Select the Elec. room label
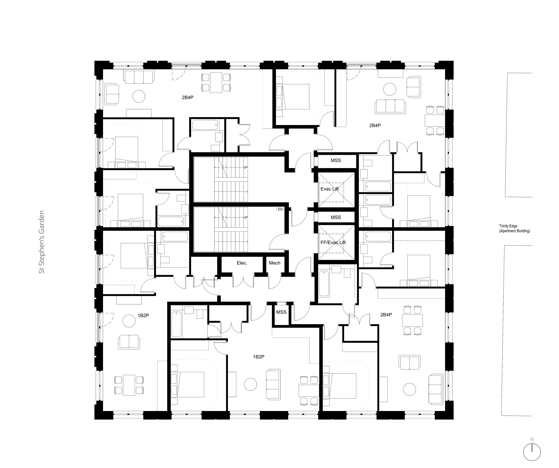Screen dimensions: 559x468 [242, 263]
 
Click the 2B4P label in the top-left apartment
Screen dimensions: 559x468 [188, 97]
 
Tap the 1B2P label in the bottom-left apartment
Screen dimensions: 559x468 [143, 315]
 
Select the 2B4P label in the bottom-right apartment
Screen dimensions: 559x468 [386, 315]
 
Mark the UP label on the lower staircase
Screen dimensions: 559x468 [246, 218]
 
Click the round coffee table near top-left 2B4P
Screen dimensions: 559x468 [139, 96]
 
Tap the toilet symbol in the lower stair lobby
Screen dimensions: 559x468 [279, 209]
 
